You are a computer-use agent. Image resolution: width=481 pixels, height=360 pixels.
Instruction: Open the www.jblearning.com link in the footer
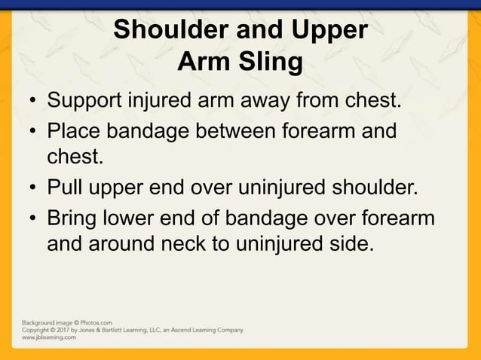[x=48, y=338]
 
